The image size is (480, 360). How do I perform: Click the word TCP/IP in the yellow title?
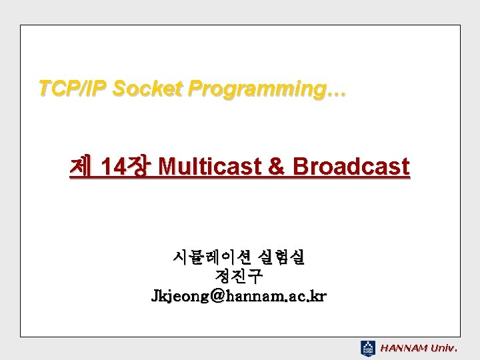[x=72, y=88]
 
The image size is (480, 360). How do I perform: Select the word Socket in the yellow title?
[x=147, y=88]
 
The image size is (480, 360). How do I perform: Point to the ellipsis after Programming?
[x=336, y=94]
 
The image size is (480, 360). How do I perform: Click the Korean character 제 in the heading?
[x=81, y=166]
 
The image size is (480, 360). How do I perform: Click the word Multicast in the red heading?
[x=210, y=166]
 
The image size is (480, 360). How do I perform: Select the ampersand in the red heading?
[x=276, y=166]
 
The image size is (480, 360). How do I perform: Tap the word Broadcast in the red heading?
[x=351, y=166]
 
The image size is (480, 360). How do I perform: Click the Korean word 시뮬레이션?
[x=212, y=257]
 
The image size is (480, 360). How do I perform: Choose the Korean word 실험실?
[x=281, y=257]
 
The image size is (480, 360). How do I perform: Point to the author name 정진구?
[x=239, y=276]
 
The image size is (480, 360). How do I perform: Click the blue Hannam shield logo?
[x=367, y=349]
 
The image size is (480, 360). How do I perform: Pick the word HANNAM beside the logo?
[x=403, y=349]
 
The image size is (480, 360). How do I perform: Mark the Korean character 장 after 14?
[x=139, y=166]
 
